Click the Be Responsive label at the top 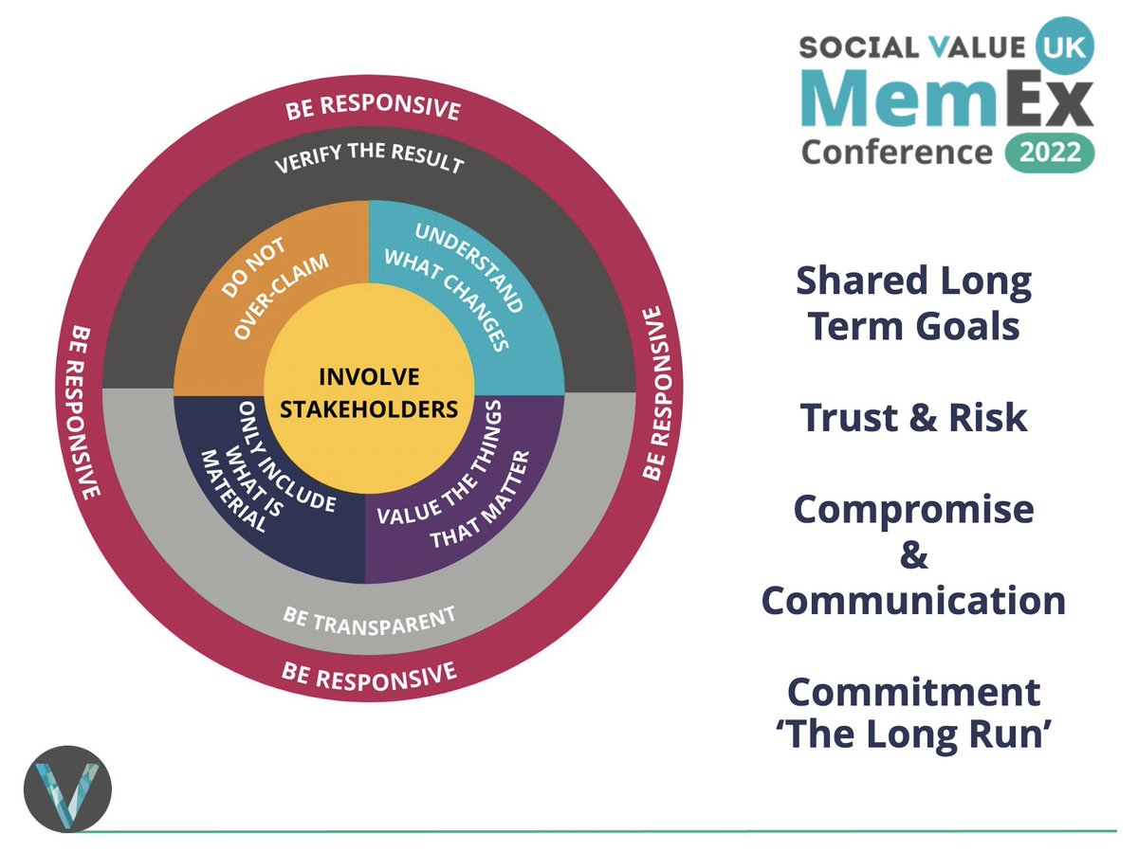372,107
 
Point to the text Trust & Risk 913,418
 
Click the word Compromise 913,510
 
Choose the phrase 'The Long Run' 913,737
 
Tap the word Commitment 913,692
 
